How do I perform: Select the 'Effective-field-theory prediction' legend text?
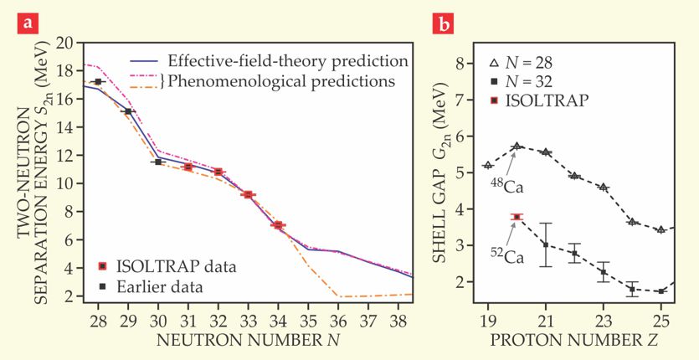coord(286,61)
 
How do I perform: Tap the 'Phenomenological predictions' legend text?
coord(280,81)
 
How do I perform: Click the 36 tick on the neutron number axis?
coord(342,321)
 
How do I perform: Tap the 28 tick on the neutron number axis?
coord(98,321)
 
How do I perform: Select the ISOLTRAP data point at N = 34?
coord(278,225)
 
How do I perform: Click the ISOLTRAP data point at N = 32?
coord(218,172)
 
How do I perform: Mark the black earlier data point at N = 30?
coord(157,162)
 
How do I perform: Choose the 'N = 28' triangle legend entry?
coord(521,63)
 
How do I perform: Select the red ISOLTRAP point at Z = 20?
coord(517,217)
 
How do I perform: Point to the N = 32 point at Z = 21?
coord(546,244)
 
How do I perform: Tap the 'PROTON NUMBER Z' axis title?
coord(574,341)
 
